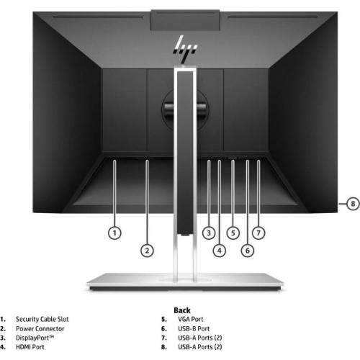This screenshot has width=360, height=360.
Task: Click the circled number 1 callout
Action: [114, 233]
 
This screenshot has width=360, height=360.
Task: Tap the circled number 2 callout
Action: [147, 251]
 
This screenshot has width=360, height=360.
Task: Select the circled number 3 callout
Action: [209, 233]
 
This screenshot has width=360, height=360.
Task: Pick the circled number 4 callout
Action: [220, 251]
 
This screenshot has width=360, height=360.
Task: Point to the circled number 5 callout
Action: [233, 233]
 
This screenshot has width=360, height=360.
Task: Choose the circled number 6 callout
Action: [248, 251]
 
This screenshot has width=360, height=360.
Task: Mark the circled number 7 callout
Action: [258, 233]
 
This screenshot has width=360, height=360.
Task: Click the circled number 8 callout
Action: [353, 204]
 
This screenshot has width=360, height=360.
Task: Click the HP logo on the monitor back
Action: [185, 49]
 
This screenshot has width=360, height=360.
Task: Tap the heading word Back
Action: [182, 310]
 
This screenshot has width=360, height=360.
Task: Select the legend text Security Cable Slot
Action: [42, 319]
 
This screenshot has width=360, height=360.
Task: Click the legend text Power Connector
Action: [40, 328]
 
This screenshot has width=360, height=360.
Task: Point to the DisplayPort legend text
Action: [35, 338]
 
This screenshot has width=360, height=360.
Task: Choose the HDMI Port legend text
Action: [30, 347]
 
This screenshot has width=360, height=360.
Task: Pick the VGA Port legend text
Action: [191, 319]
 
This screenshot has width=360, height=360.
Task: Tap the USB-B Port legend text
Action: [194, 328]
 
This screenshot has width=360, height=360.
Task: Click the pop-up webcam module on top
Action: [185, 20]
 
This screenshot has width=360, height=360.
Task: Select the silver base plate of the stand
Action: [185, 282]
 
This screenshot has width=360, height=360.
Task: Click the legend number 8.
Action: [164, 347]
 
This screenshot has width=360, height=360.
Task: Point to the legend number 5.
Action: [164, 319]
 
